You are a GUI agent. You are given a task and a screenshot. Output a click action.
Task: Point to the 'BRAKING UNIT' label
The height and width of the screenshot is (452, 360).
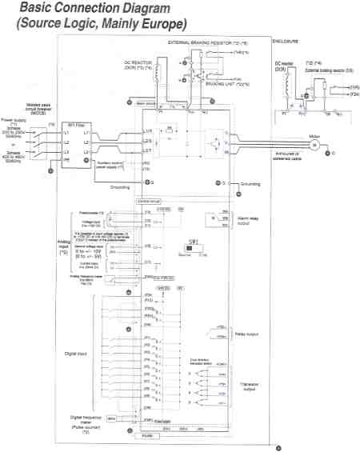210,83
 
